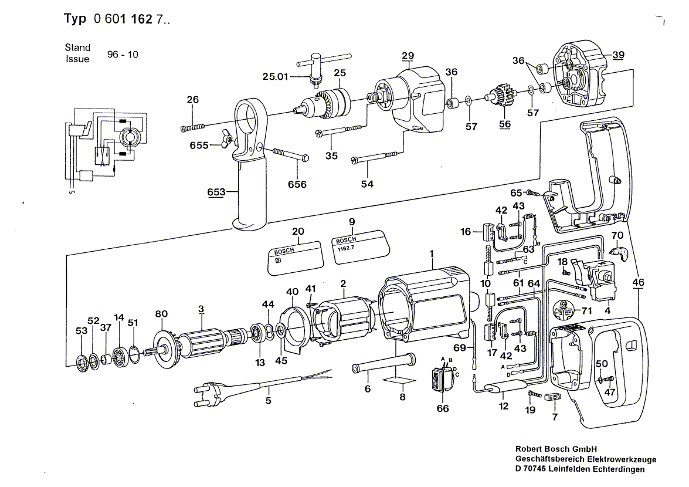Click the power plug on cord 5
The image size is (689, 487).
[210, 393]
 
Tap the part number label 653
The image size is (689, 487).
[216, 192]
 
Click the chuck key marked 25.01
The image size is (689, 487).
[324, 67]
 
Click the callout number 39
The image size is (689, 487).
[618, 55]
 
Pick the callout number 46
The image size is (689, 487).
[638, 282]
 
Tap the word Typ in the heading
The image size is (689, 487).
[75, 18]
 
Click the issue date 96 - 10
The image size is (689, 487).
[123, 55]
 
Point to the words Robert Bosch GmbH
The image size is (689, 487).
[556, 449]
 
